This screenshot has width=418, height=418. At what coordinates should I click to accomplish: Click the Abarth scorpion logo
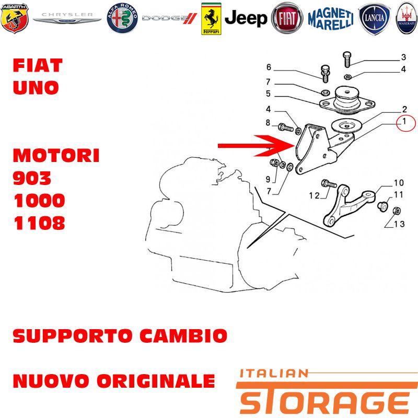pyautogui.click(x=15, y=18)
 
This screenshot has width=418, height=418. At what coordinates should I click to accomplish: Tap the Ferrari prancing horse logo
pyautogui.click(x=211, y=19)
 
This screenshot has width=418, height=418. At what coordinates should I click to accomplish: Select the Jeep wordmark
pyautogui.click(x=246, y=18)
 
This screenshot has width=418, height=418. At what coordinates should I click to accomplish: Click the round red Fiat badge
pyautogui.click(x=287, y=18)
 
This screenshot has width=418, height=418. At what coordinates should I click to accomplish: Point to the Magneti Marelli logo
pyautogui.click(x=331, y=18)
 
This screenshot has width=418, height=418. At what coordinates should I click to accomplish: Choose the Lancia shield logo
pyautogui.click(x=374, y=18)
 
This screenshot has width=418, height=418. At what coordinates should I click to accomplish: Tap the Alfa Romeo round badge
pyautogui.click(x=122, y=18)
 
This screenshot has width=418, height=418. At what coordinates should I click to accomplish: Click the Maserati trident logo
pyautogui.click(x=407, y=18)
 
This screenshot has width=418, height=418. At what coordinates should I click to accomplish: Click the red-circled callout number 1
pyautogui.click(x=404, y=122)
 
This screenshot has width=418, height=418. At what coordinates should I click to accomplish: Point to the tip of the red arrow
pyautogui.click(x=295, y=146)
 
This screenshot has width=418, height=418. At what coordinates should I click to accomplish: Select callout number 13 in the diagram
pyautogui.click(x=399, y=224)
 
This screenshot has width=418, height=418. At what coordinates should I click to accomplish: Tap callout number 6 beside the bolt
pyautogui.click(x=269, y=67)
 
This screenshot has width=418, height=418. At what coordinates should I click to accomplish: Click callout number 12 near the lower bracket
pyautogui.click(x=315, y=195)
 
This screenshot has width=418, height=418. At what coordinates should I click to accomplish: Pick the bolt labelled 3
pyautogui.click(x=347, y=59)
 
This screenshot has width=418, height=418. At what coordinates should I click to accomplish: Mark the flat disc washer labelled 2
pyautogui.click(x=346, y=125)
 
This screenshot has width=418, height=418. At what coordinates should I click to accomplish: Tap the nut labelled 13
pyautogui.click(x=397, y=211)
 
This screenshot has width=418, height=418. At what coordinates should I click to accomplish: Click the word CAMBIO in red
pyautogui.click(x=184, y=335)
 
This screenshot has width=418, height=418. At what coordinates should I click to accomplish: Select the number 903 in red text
pyautogui.click(x=32, y=178)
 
